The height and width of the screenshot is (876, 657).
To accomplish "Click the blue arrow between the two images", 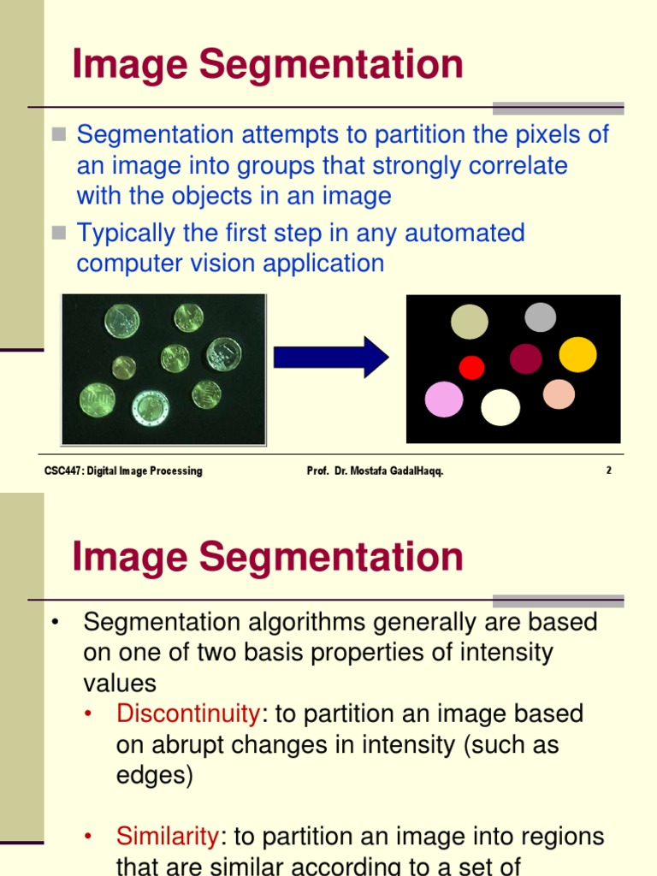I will [330, 357].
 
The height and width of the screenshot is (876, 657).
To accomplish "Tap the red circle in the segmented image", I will [471, 367].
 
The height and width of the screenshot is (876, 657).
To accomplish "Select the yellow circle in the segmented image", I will [577, 354].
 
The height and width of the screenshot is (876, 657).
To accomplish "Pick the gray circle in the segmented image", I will [540, 317].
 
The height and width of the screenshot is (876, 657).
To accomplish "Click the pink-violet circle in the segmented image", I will [444, 400].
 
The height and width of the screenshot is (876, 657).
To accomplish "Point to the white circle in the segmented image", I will [500, 407].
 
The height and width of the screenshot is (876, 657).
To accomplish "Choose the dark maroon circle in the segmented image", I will [525, 358].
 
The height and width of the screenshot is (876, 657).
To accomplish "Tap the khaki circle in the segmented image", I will [469, 322].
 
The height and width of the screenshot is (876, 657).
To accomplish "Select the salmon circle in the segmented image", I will [559, 394].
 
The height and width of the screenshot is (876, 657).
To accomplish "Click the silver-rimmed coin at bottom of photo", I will [150, 408].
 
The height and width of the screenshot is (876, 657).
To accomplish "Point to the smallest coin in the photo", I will [124, 368].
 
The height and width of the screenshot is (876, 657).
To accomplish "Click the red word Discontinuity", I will [187, 713].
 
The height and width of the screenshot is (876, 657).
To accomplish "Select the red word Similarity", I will [168, 836].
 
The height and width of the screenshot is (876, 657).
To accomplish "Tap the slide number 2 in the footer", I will [608, 471].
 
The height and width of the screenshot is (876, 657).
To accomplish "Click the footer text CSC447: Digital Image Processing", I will [123, 471].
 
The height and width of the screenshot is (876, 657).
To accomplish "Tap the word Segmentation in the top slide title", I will [326, 65].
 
